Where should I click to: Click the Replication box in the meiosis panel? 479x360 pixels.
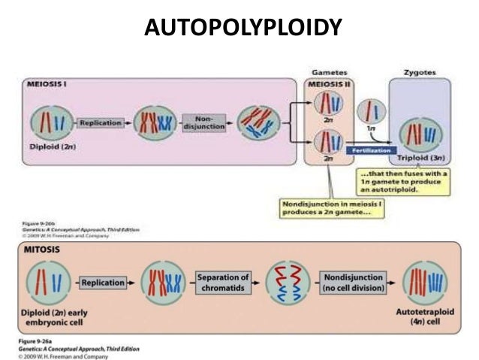point(101,123)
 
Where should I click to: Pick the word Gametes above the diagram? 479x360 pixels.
point(329,71)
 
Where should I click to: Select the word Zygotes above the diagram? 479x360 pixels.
point(419,72)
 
